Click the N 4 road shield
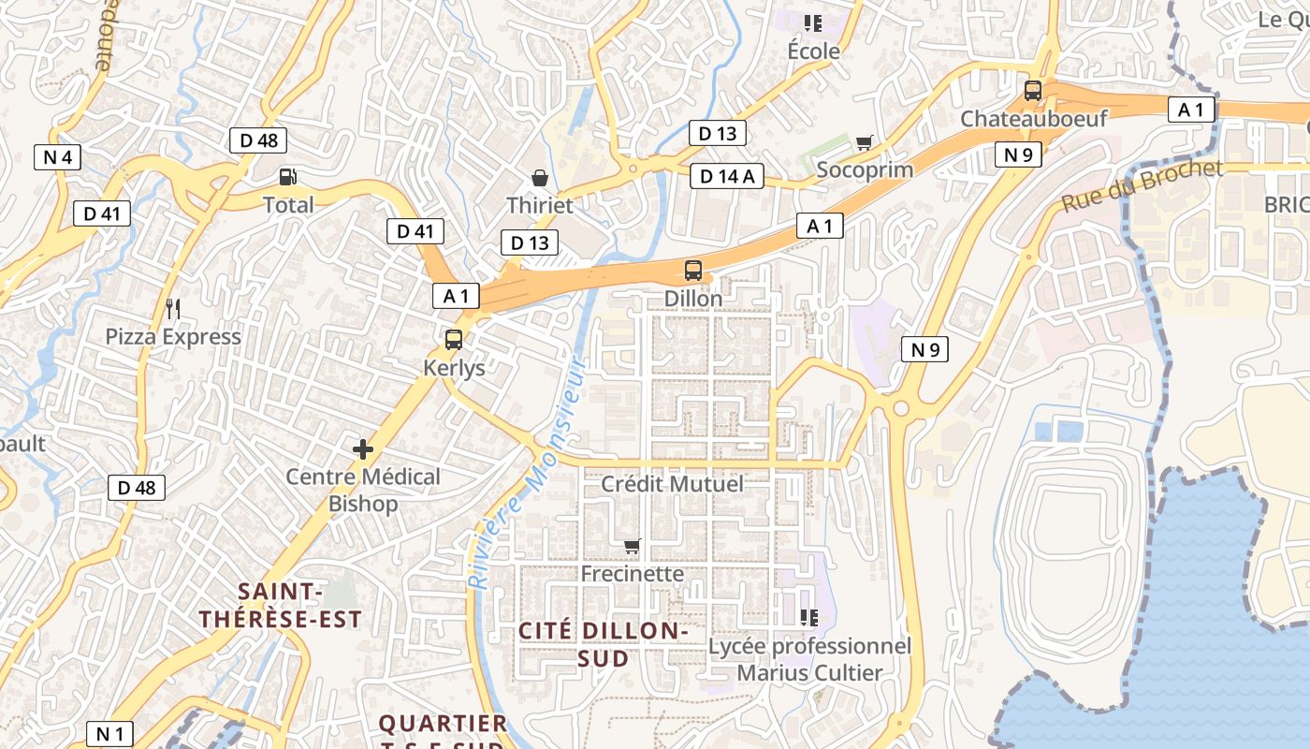57,157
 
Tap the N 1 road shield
109,734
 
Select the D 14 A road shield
726,176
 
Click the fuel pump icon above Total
288,176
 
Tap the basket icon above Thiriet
539,177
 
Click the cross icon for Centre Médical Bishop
363,449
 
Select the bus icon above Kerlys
454,340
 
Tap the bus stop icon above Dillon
693,271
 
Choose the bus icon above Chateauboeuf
1033,91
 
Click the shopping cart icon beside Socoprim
864,143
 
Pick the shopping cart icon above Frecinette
633,546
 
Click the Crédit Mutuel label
672,484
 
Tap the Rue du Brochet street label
1142,185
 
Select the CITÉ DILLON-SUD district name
604,644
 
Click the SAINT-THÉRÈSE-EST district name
280,605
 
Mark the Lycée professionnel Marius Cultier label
809,659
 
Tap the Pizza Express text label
172,337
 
